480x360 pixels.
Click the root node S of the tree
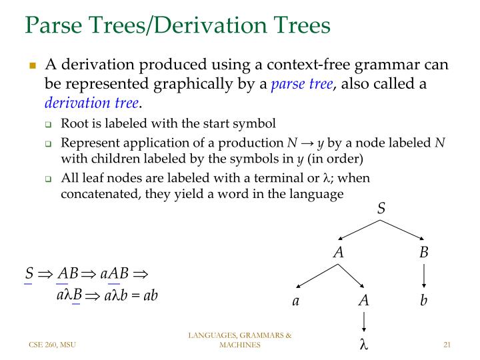tap(381, 209)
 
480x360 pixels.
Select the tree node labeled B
tap(424, 253)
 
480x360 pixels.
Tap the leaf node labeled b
tap(423, 301)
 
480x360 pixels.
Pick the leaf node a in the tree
tap(296, 301)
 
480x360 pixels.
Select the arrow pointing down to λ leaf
tap(363, 323)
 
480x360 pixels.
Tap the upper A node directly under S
tap(339, 253)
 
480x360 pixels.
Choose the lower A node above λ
tap(363, 301)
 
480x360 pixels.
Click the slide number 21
tap(447, 345)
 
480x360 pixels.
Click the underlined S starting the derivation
tap(29, 274)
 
